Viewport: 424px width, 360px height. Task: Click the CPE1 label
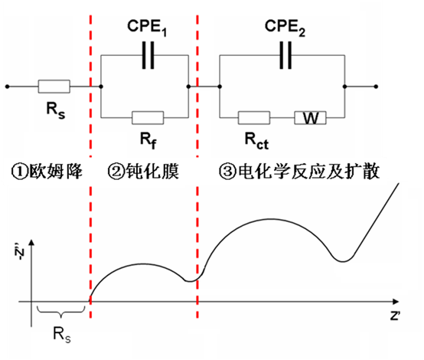coord(147,28)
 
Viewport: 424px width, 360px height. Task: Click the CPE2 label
coord(285,28)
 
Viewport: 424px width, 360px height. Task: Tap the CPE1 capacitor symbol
coord(148,55)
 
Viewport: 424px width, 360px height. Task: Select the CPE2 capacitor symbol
coord(285,55)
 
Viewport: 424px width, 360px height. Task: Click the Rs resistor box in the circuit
coord(54,87)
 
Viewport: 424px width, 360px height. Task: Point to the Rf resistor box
coord(148,118)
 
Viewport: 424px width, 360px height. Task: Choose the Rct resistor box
coord(254,118)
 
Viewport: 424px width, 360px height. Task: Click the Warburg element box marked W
coord(310,118)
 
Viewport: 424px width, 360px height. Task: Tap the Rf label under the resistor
coord(148,140)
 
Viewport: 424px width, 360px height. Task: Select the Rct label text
coord(256,141)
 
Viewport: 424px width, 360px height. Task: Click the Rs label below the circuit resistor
coord(56,110)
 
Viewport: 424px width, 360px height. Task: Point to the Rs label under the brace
coord(62,335)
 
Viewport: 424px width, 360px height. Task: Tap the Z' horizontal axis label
coord(395,316)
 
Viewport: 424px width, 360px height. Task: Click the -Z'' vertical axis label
coord(20,252)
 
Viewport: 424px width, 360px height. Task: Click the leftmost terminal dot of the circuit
coord(8,87)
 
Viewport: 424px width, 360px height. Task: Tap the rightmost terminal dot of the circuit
coord(376,87)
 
